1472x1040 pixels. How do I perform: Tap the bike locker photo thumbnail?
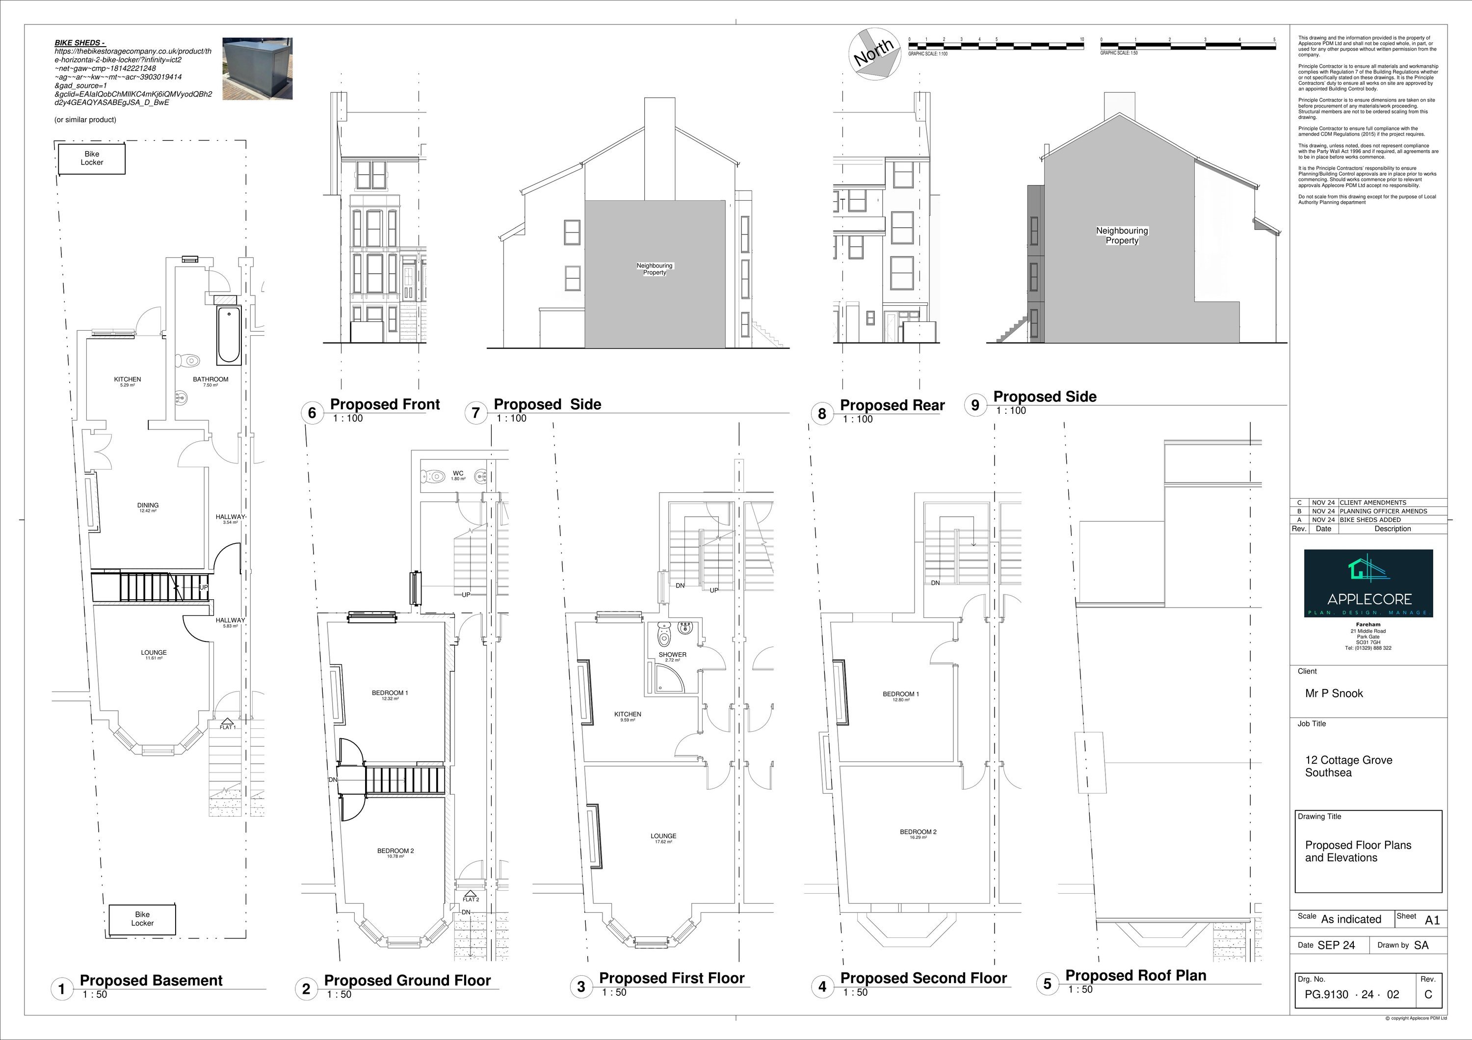[257, 68]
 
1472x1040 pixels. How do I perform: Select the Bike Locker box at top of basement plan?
[92, 159]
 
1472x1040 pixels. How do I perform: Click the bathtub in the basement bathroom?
[228, 335]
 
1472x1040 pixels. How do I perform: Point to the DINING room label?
[148, 507]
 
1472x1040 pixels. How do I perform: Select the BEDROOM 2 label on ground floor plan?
[395, 852]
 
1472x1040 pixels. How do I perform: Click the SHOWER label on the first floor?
[673, 656]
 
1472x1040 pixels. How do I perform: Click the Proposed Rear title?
[892, 405]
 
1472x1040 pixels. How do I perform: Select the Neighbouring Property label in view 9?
[1122, 235]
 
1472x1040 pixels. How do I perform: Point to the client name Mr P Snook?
[1334, 693]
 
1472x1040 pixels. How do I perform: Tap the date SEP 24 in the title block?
[1336, 945]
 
